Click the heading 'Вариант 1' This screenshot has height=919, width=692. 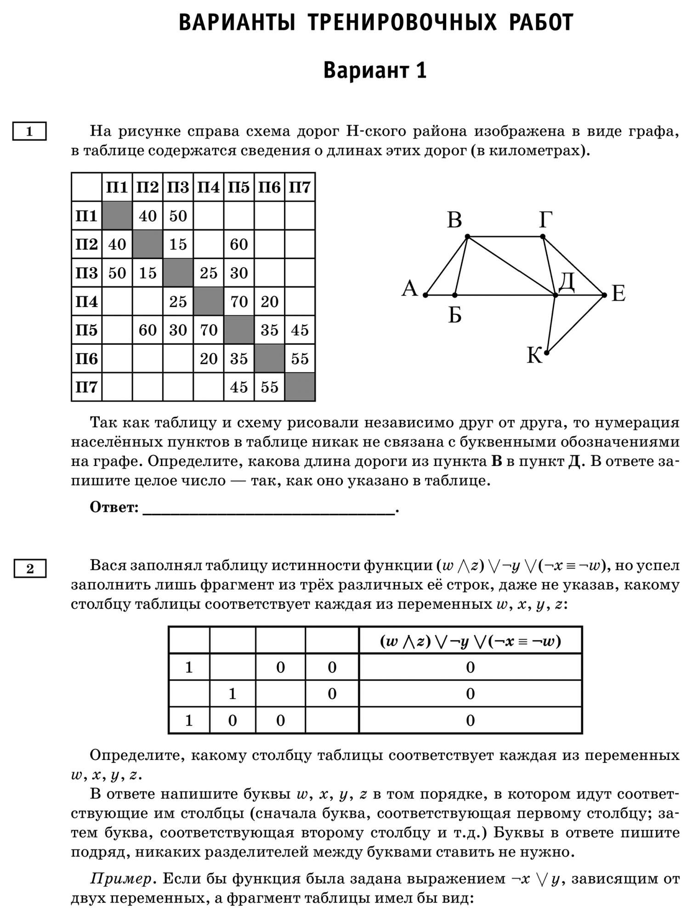(x=375, y=71)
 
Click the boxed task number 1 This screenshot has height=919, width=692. (x=29, y=132)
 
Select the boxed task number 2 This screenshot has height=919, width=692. (x=30, y=569)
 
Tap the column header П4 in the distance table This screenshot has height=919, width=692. (x=209, y=187)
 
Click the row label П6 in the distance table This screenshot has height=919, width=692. (x=87, y=358)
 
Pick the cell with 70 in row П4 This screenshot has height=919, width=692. (x=239, y=301)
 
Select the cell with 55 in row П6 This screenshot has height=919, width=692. (x=300, y=358)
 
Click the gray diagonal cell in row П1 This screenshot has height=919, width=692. (x=117, y=216)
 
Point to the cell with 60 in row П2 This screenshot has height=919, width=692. (x=239, y=244)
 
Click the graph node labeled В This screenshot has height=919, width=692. (x=467, y=237)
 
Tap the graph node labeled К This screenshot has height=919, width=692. (x=546, y=353)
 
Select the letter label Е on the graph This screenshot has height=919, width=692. (x=618, y=294)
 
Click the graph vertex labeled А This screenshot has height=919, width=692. (x=425, y=295)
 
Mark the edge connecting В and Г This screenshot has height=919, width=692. (x=505, y=237)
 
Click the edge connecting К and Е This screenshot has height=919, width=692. (x=575, y=324)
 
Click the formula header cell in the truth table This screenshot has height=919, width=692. (x=470, y=641)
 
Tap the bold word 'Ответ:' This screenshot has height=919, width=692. (x=114, y=508)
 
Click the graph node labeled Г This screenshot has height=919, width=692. (x=543, y=237)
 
